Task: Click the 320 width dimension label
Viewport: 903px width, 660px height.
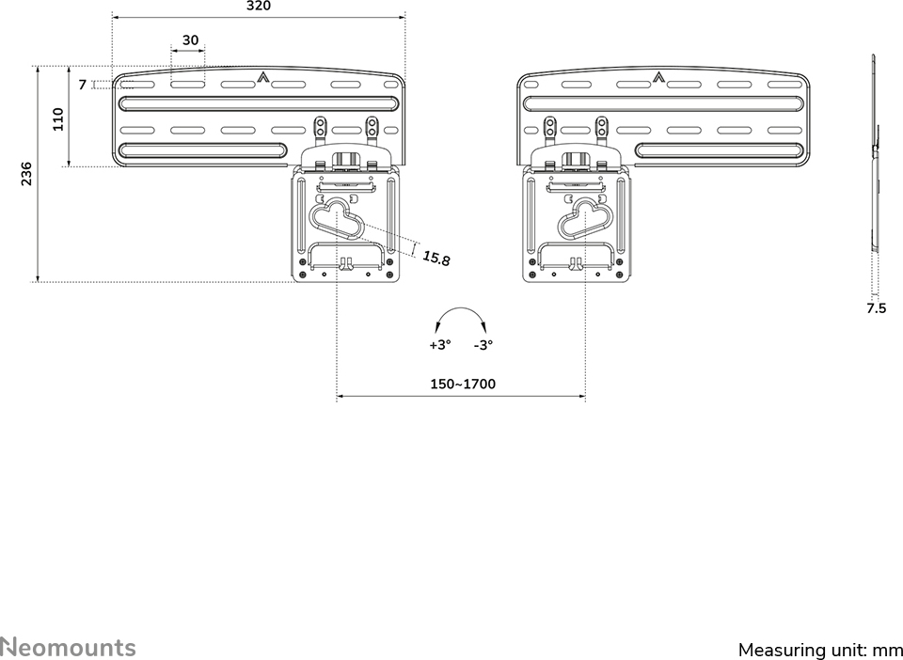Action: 259,7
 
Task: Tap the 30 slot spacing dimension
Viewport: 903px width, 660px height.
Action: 190,40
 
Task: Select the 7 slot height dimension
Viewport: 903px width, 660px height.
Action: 83,85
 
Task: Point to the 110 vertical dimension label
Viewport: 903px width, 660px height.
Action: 58,119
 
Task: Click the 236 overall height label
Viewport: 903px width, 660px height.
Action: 26,174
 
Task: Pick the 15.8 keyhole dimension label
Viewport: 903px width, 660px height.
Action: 436,259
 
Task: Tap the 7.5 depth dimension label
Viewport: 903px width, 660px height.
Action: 877,308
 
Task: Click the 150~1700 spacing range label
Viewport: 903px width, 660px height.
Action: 463,384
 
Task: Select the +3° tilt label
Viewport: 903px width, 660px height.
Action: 440,345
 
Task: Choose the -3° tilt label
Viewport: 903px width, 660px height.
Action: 483,345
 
